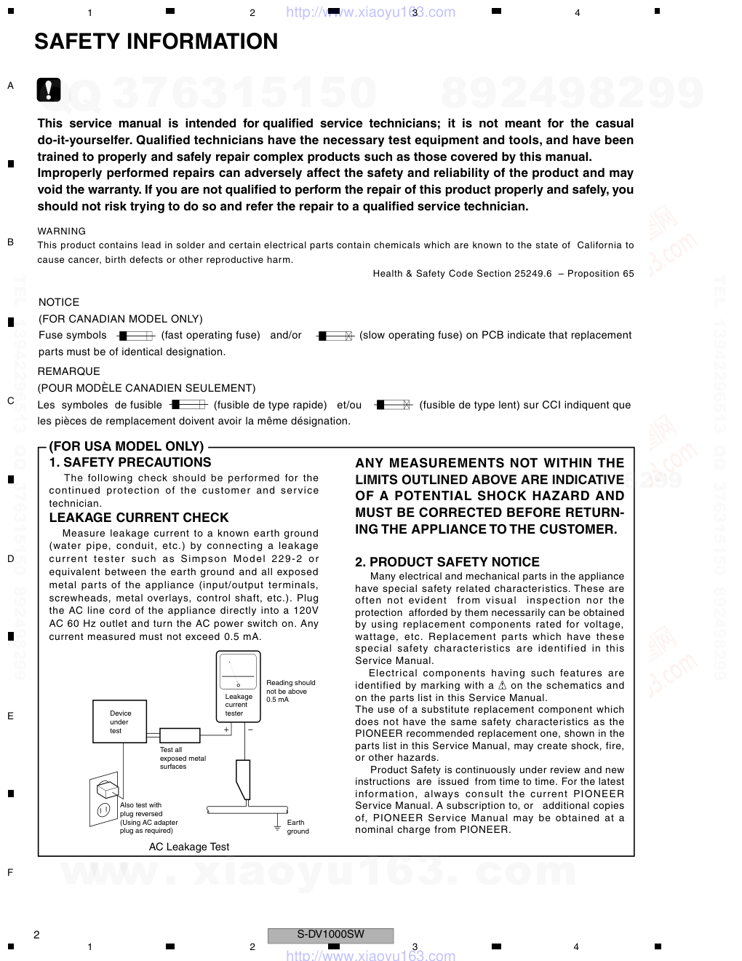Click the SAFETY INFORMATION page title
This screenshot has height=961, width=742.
(156, 42)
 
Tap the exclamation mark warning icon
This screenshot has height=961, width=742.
(49, 90)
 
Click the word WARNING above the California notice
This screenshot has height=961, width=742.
(62, 231)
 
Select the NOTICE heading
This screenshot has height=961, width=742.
(59, 302)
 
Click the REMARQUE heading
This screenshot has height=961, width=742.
(69, 371)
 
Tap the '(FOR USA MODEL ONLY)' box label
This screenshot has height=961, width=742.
(127, 446)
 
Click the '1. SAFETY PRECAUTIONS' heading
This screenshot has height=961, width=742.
(130, 462)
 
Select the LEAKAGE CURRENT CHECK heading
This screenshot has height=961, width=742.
(139, 518)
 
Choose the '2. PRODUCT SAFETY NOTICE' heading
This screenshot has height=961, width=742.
(447, 562)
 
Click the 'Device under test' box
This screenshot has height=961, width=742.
(120, 721)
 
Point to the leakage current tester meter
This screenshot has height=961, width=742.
(239, 686)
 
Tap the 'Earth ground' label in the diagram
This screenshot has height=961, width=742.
(298, 826)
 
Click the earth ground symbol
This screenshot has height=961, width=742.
(277, 825)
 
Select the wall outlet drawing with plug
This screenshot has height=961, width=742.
(105, 799)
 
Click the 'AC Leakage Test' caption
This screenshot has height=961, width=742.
(189, 847)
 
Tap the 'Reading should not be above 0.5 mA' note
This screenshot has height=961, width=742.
(290, 691)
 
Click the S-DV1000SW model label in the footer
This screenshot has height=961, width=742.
(331, 935)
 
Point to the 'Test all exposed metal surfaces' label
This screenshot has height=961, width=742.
(183, 758)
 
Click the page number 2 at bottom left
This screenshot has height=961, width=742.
(36, 935)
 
